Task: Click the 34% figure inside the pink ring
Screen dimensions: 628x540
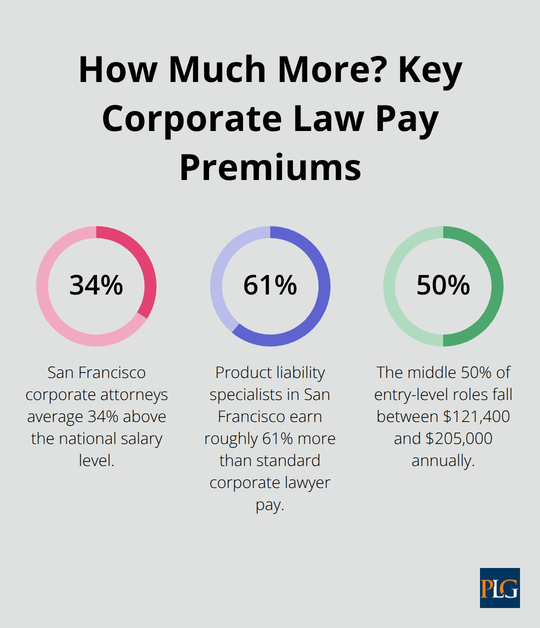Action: pyautogui.click(x=96, y=285)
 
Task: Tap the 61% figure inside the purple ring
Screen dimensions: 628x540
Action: pyautogui.click(x=270, y=285)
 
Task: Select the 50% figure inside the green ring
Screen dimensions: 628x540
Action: pyautogui.click(x=443, y=285)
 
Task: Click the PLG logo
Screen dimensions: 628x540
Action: pyautogui.click(x=499, y=588)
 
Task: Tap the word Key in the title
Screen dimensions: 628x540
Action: pyautogui.click(x=430, y=70)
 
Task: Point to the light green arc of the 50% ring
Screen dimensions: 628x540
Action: pyautogui.click(x=389, y=286)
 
